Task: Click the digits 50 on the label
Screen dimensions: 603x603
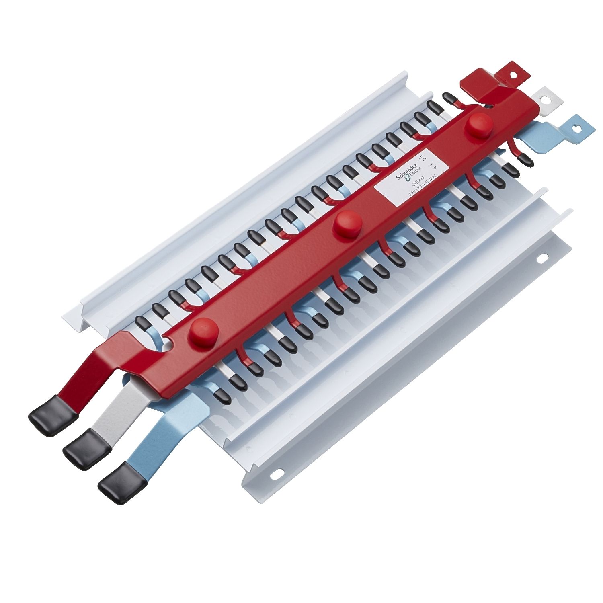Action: point(422,158)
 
